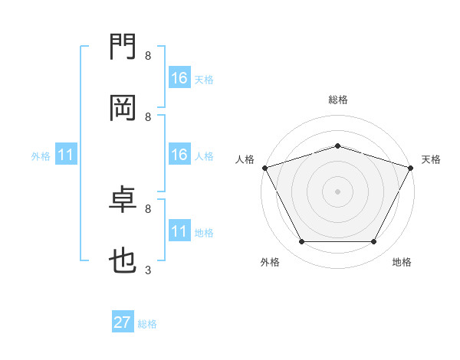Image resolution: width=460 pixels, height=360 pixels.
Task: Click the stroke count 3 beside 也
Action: click(x=148, y=270)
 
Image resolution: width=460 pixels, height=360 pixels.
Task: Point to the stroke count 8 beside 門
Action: click(x=148, y=56)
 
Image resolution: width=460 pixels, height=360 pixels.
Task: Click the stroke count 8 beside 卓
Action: click(x=148, y=208)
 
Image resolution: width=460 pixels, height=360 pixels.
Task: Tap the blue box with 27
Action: click(x=123, y=322)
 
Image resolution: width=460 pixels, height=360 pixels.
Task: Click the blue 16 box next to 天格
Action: click(x=179, y=78)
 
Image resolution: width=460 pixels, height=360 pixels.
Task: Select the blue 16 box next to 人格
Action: click(x=179, y=155)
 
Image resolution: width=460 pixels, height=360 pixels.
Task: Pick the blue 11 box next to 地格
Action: click(x=179, y=231)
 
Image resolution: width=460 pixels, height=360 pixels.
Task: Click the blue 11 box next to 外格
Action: click(x=66, y=155)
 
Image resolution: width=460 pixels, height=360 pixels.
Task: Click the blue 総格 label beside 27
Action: click(x=147, y=324)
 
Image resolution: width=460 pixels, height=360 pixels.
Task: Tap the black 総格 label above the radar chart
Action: click(x=337, y=100)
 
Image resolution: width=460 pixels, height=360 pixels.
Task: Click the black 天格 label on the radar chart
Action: click(x=431, y=159)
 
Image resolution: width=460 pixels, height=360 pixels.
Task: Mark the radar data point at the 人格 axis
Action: click(x=264, y=168)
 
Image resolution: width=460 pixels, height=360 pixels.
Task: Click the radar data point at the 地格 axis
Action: click(x=374, y=242)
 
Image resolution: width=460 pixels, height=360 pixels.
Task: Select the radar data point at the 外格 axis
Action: click(x=301, y=242)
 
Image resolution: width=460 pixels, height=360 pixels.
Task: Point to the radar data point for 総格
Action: click(x=337, y=146)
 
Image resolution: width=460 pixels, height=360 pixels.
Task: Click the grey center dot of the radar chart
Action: click(x=337, y=191)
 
